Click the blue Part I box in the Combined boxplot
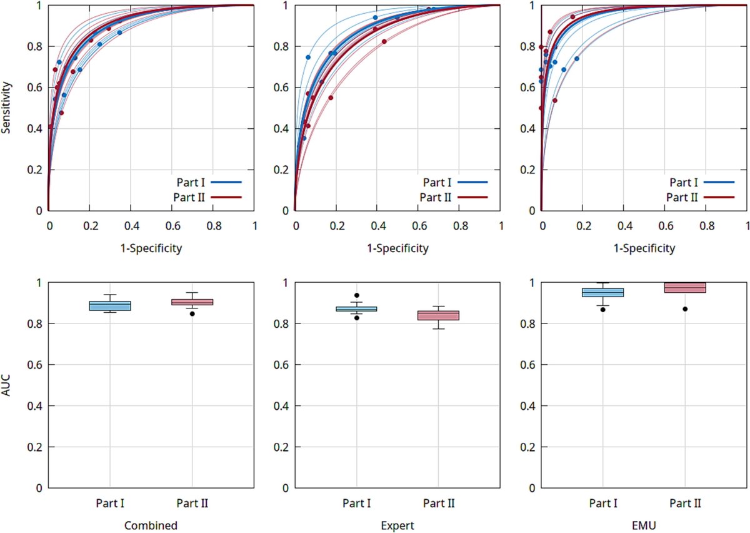110,305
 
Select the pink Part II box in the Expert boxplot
438,315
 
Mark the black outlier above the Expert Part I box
356,295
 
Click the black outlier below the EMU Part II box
685,309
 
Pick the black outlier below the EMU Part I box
602,310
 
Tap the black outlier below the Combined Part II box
192,313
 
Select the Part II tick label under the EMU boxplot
685,503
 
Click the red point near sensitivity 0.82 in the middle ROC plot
384,41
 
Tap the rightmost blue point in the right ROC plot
577,59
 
